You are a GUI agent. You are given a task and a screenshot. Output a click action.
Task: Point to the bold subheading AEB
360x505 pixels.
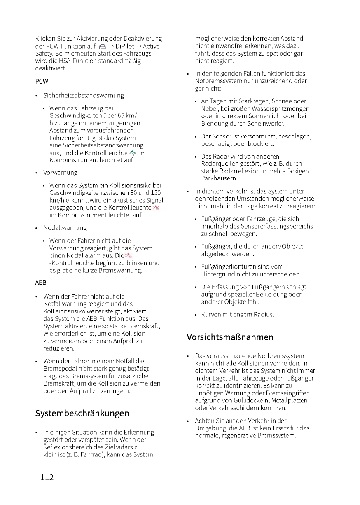click(x=40, y=283)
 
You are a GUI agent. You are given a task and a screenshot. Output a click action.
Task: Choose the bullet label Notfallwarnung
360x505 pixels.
click(x=63, y=227)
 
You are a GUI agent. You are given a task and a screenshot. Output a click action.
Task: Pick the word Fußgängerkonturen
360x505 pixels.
click(x=231, y=266)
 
